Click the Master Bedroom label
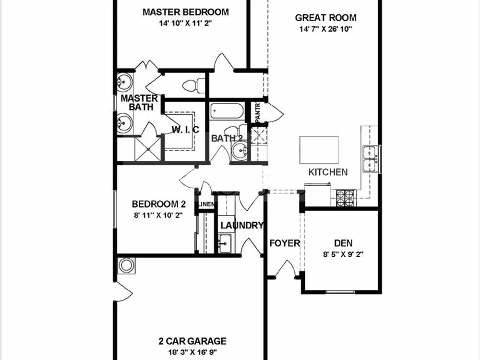click(x=185, y=12)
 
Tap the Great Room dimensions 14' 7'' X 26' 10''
click(x=326, y=29)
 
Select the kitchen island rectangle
click(x=319, y=150)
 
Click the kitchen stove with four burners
click(x=345, y=198)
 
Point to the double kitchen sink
click(x=371, y=158)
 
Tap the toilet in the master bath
click(x=194, y=85)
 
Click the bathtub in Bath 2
click(x=227, y=111)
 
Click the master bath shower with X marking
click(x=147, y=149)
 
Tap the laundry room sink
click(x=225, y=243)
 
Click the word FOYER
click(x=284, y=243)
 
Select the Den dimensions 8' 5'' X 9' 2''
click(x=343, y=254)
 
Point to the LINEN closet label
click(x=206, y=204)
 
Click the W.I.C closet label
click(x=185, y=130)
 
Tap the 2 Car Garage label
click(x=192, y=341)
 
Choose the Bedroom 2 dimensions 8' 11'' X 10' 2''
click(x=158, y=215)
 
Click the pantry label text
click(x=257, y=112)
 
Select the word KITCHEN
click(x=328, y=172)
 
